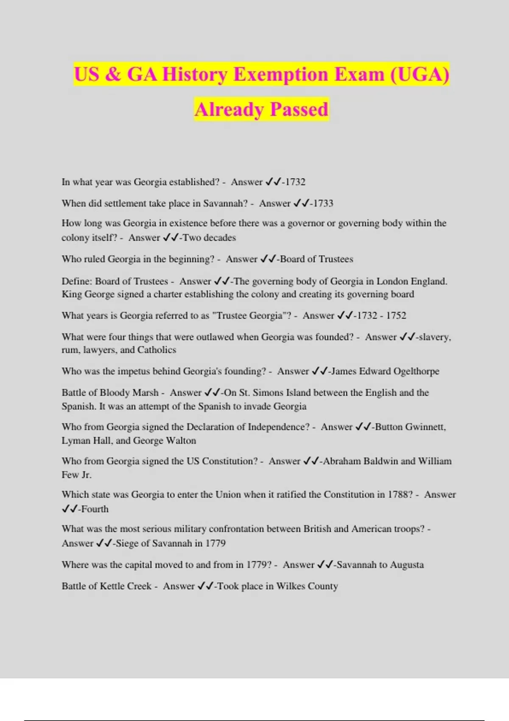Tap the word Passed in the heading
click(299, 109)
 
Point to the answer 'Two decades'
click(209, 238)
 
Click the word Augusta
click(407, 565)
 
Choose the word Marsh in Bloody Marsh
click(145, 393)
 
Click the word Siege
click(127, 544)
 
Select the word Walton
click(181, 441)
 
